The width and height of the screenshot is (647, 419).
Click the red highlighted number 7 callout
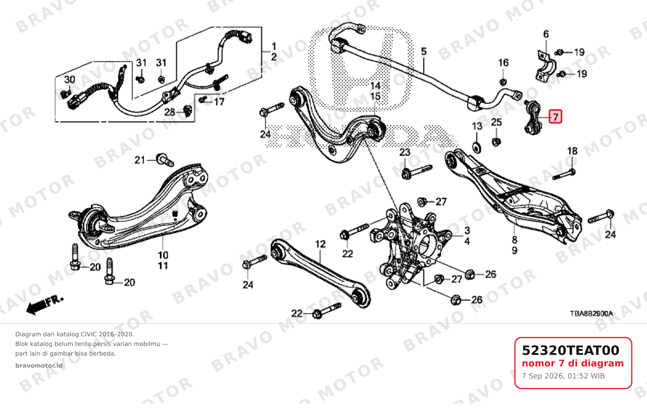pos(555,117)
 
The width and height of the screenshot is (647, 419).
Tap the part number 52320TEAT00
pos(570,350)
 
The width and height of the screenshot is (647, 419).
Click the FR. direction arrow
pos(44,305)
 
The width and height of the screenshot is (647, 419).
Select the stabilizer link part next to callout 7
pos(532,118)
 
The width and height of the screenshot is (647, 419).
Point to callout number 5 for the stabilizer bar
pos(424,51)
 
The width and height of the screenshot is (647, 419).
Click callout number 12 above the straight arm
pos(320,244)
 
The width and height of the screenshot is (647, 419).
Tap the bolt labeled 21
pos(165,160)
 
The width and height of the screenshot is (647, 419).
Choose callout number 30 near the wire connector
pos(69,79)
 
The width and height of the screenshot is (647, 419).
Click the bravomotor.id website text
pos(39,366)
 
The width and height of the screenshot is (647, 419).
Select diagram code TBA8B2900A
pos(592,313)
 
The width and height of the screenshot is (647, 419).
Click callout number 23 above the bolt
pos(405,152)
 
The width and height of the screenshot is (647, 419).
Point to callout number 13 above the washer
pos(477,126)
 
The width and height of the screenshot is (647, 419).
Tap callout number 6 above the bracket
pos(545,34)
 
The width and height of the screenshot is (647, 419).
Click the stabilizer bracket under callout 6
pos(545,67)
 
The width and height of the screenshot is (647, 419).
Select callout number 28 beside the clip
pos(169,112)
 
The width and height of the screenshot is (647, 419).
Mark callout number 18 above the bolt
pos(572,151)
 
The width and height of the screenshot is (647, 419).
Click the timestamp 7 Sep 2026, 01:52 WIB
pos(563,376)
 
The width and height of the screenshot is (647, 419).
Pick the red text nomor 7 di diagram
pos(573,363)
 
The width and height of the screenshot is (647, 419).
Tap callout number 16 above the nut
pos(503,63)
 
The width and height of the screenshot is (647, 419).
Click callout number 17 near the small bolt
pos(219,102)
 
